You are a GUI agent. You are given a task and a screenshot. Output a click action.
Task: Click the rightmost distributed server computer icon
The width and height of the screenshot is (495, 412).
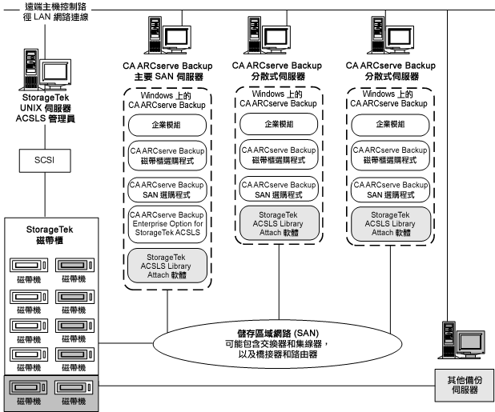click(x=392, y=37)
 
